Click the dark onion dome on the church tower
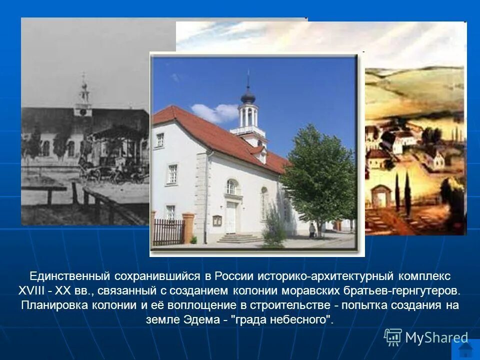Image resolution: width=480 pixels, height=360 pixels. pos(247,96)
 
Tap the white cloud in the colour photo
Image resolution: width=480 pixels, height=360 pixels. pos(215,113)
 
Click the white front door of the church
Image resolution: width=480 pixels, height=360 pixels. pos(230,217)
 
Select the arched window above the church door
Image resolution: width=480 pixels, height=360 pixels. pos(230,187)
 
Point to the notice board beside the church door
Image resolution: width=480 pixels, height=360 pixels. pos(216,220)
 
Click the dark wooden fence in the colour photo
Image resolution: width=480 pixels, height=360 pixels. pos(168,232)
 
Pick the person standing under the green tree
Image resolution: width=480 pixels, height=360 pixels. pos(312,230)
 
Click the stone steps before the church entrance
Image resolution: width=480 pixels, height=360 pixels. pos(240,238)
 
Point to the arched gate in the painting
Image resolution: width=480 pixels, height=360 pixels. pos(381,195)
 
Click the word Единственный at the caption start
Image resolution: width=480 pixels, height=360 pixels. pos(69,276)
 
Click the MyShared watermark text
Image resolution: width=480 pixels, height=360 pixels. pos(436,337)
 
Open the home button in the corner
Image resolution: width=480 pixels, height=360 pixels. pos(465,348)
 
